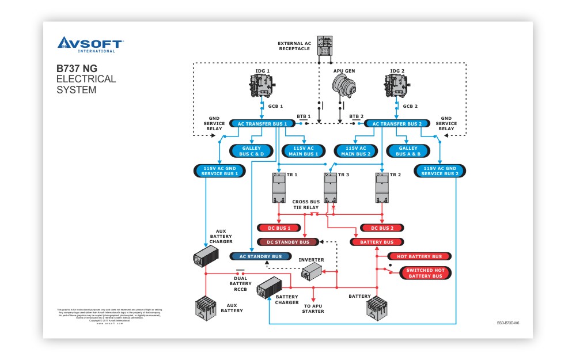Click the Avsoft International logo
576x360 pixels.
(x=90, y=44)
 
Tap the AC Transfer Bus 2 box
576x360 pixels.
(x=397, y=124)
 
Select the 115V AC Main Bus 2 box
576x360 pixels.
(x=356, y=151)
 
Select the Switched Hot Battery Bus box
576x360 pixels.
(x=425, y=273)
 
